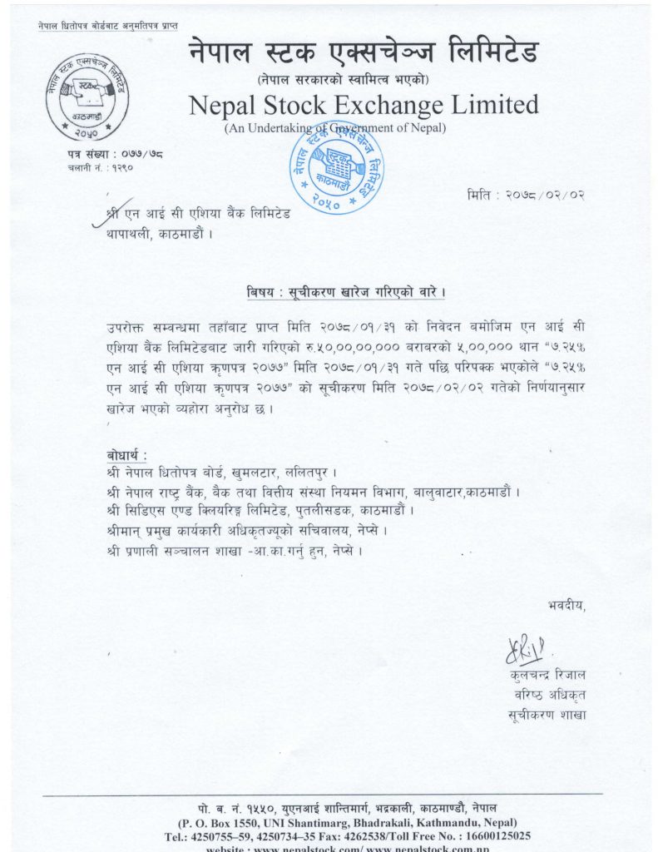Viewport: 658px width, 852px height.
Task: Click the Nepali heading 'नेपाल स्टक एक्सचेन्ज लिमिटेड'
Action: [x=364, y=54]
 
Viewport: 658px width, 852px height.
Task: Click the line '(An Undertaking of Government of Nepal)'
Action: [x=335, y=128]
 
